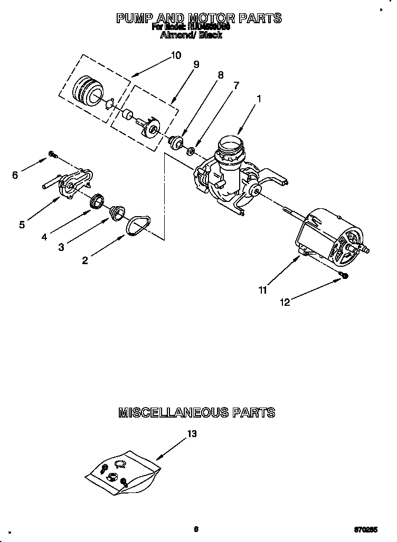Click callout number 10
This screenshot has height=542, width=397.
point(176,55)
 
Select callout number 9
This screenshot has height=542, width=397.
point(196,64)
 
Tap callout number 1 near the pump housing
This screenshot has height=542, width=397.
point(259,98)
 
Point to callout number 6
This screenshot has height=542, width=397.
point(15,175)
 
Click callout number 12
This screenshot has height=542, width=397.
point(285,302)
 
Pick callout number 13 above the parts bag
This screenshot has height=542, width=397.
point(191,434)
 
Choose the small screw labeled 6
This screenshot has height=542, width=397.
point(53,154)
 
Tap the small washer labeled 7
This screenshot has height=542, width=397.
point(191,152)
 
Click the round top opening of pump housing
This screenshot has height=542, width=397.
point(230,143)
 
